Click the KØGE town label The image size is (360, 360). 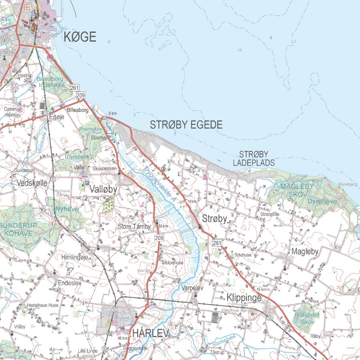80,37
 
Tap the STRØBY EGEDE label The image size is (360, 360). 186,125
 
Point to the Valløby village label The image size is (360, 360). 103,189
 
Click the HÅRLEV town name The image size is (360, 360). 148,333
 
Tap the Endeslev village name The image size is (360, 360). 70,282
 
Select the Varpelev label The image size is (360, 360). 192,288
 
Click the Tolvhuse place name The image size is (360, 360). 243,254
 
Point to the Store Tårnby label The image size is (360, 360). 134,227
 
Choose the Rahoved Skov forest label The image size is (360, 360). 307,318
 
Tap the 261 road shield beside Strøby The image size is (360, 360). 217,243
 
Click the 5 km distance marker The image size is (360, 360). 112,113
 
